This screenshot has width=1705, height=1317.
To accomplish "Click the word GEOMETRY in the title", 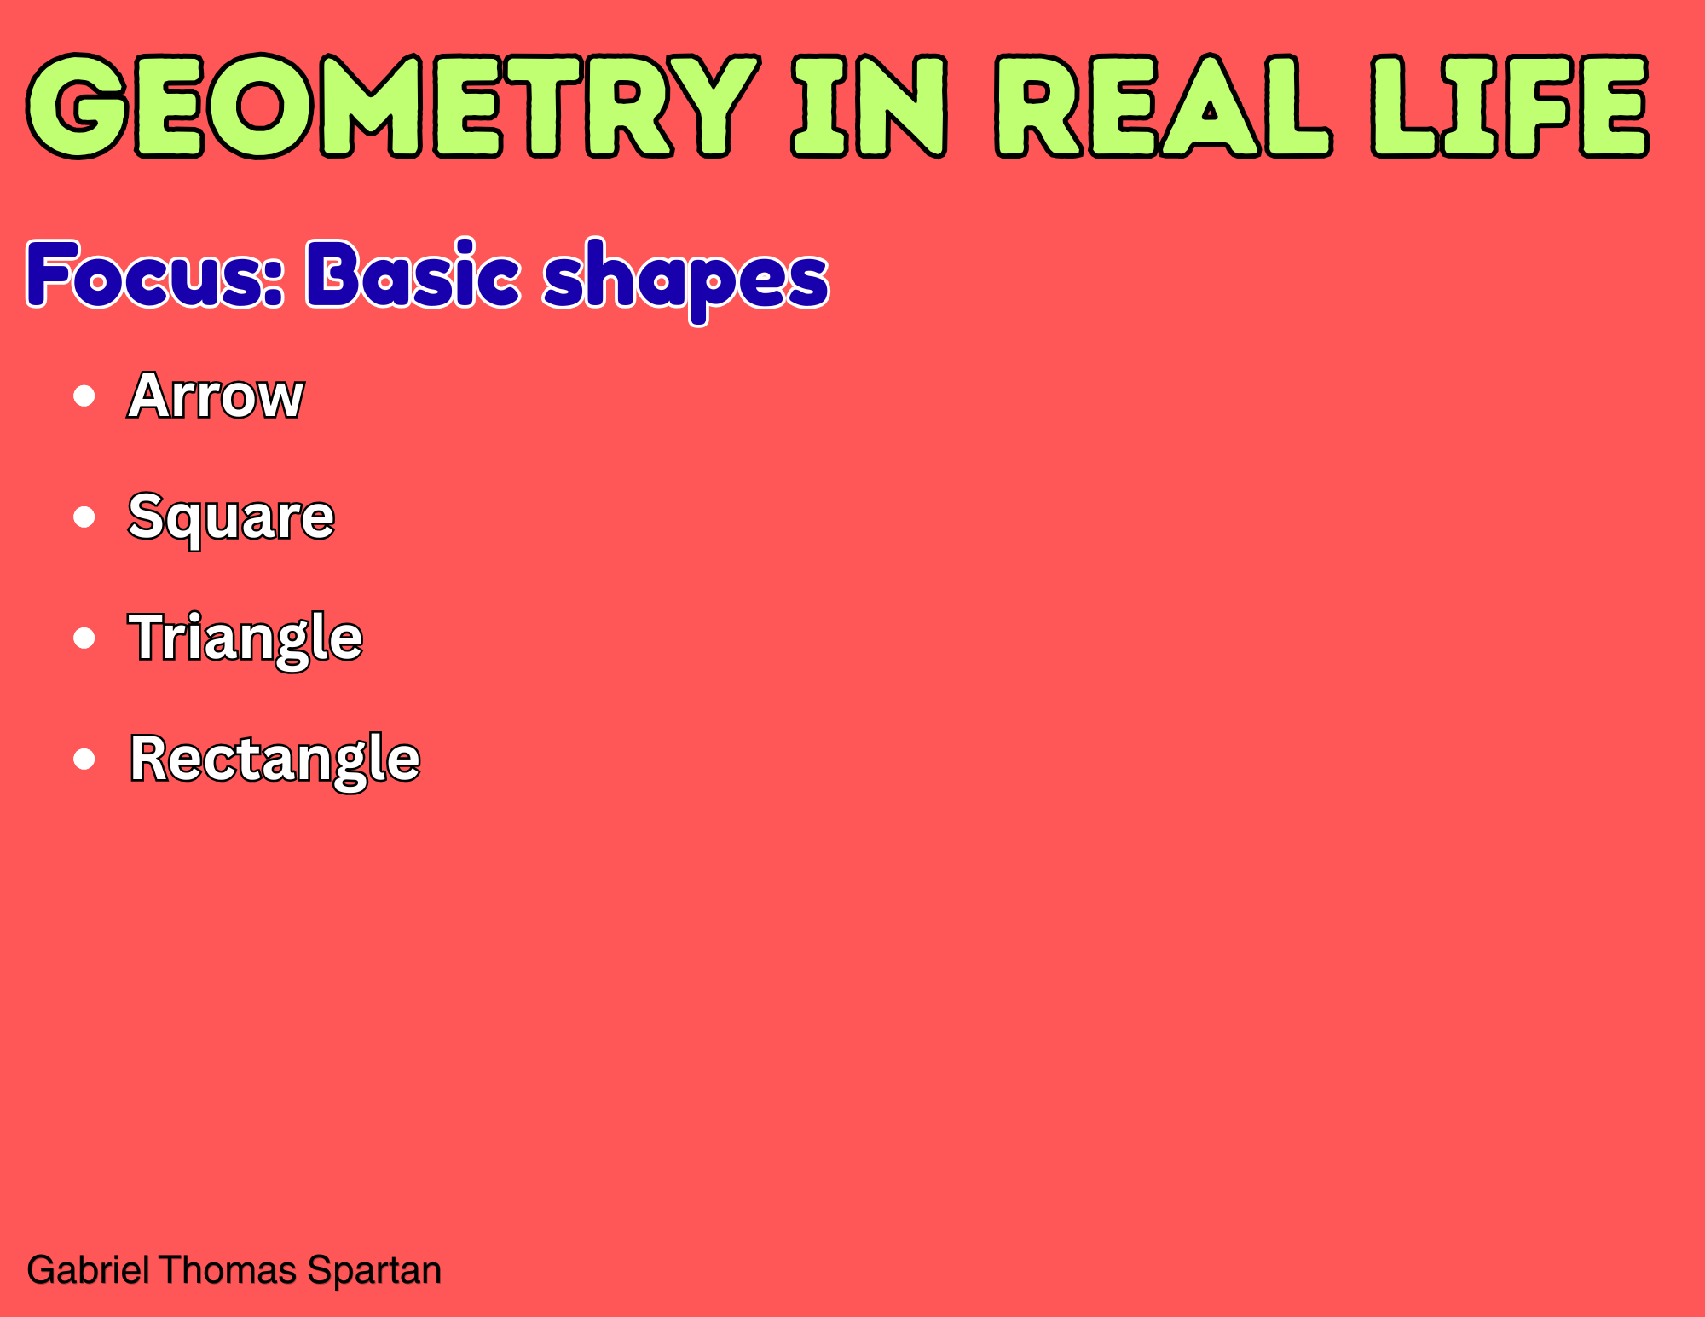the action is (x=393, y=107).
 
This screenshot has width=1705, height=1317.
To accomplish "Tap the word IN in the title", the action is (x=870, y=107).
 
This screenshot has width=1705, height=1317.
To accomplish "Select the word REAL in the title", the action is (x=1165, y=107).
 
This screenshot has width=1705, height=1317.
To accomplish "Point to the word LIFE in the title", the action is (x=1510, y=107).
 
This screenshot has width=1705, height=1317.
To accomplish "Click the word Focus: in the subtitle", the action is (x=155, y=274).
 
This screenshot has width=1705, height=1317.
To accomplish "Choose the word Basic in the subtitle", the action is (x=413, y=273).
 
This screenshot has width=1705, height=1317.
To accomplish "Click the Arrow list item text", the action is (x=216, y=396).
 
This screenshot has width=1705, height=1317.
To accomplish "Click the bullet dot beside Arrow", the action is (x=84, y=396).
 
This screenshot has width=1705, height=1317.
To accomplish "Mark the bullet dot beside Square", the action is (x=84, y=517).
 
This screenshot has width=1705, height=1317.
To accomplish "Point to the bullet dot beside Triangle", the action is (x=84, y=638).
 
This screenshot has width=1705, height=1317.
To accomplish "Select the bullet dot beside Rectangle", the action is (x=84, y=759).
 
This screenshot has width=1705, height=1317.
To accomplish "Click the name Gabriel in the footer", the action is (x=89, y=1270).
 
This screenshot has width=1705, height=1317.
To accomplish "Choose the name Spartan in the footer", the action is (x=374, y=1271).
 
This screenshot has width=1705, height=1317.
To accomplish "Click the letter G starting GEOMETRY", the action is (x=78, y=107).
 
